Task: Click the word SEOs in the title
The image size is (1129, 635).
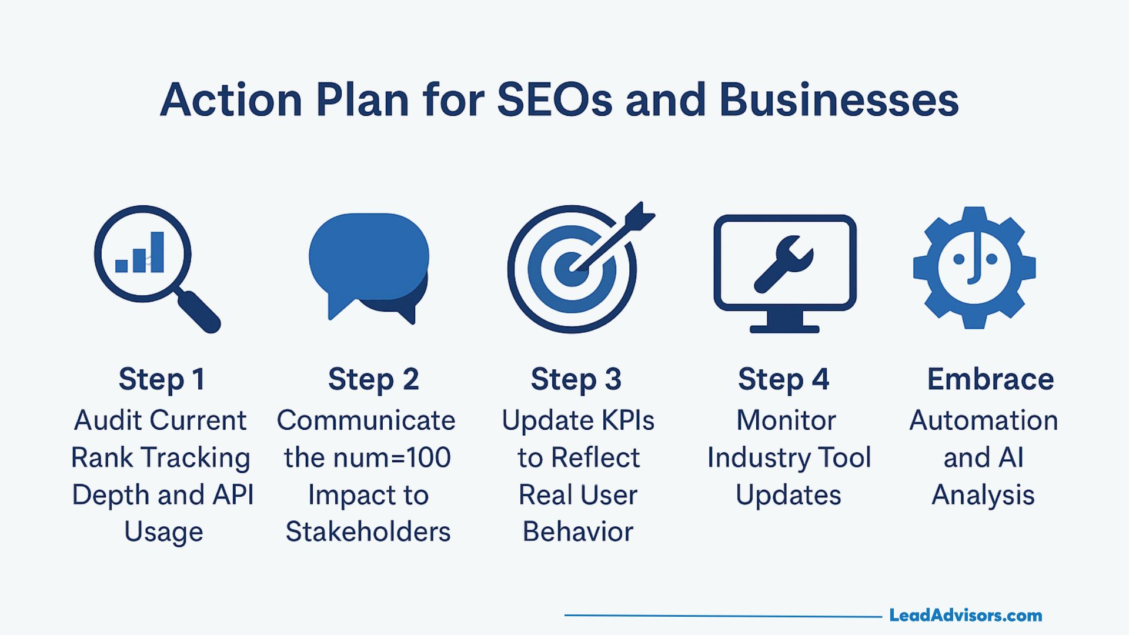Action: [555, 100]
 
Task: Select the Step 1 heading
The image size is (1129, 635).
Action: [162, 379]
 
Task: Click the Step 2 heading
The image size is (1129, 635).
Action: [373, 379]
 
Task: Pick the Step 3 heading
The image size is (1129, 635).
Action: [576, 379]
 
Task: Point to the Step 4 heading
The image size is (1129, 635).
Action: [783, 379]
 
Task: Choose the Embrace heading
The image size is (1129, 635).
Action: [990, 379]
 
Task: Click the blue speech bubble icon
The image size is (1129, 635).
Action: [369, 259]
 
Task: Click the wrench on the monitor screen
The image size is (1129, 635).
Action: [784, 264]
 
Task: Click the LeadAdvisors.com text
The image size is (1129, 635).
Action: [966, 616]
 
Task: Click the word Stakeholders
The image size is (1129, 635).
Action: [368, 532]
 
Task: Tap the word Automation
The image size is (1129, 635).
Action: [983, 420]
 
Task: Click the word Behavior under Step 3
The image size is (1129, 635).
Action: [578, 532]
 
